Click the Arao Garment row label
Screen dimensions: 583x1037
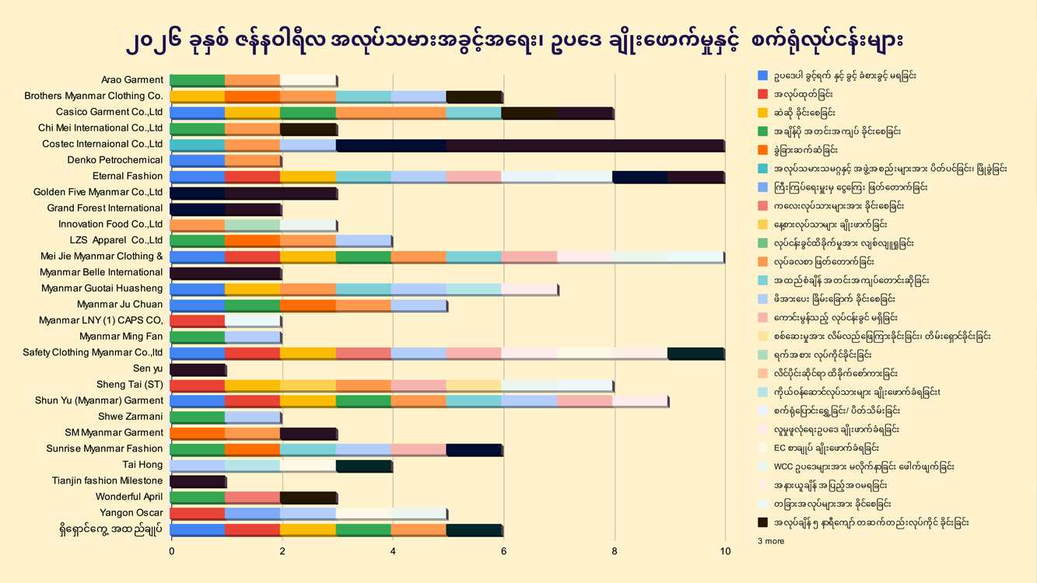pyautogui.click(x=132, y=80)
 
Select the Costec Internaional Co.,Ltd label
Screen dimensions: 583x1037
pyautogui.click(x=103, y=145)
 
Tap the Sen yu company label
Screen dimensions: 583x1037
pyautogui.click(x=148, y=368)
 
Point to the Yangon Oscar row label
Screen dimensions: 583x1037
pyautogui.click(x=131, y=513)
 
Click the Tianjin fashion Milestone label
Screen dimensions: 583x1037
pyautogui.click(x=107, y=481)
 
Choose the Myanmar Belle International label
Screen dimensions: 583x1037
pyautogui.click(x=101, y=273)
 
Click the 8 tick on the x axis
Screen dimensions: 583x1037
pyautogui.click(x=615, y=552)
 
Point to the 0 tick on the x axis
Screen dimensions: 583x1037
pyautogui.click(x=171, y=552)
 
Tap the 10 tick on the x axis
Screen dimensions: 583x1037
pyautogui.click(x=725, y=552)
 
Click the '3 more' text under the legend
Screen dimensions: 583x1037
pyautogui.click(x=771, y=541)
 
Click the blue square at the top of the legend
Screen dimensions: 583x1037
pyautogui.click(x=763, y=75)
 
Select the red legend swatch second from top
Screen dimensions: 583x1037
pyautogui.click(x=763, y=94)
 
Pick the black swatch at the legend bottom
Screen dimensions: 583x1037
pyautogui.click(x=763, y=522)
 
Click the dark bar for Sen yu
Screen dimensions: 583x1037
pyautogui.click(x=198, y=369)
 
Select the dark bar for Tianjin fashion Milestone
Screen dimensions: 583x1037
pyautogui.click(x=198, y=481)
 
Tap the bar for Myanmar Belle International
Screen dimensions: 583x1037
pyautogui.click(x=226, y=273)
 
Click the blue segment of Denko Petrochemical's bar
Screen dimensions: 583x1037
pyautogui.click(x=198, y=161)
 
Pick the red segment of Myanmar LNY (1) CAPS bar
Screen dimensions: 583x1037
pyautogui.click(x=198, y=321)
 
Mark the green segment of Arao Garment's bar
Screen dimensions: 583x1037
pyautogui.click(x=198, y=80)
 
